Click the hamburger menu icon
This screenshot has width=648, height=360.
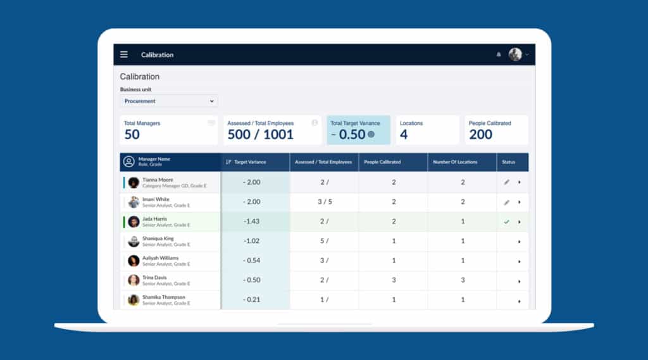tap(124, 54)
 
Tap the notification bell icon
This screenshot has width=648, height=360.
tap(499, 55)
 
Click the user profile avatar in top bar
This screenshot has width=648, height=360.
tap(515, 54)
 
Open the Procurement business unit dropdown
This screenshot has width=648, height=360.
tap(169, 101)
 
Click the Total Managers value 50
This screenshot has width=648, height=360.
tap(132, 134)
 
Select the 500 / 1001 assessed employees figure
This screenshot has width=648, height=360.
tap(261, 134)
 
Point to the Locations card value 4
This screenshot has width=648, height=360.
tap(404, 134)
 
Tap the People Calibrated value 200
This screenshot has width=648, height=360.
tap(480, 134)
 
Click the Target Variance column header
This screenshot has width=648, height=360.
tap(250, 162)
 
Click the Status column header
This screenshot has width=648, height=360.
tap(508, 162)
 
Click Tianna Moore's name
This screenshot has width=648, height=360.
tap(158, 180)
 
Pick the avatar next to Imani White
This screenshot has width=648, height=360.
tap(134, 202)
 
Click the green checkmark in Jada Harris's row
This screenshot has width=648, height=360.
tap(506, 222)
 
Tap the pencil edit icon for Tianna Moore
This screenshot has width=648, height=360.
tap(506, 182)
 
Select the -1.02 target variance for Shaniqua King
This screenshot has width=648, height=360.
tap(252, 241)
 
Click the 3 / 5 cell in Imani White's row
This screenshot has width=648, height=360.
tap(324, 202)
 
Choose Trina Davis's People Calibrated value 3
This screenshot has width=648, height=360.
tap(394, 280)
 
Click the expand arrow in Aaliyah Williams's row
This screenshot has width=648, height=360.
tap(520, 261)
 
